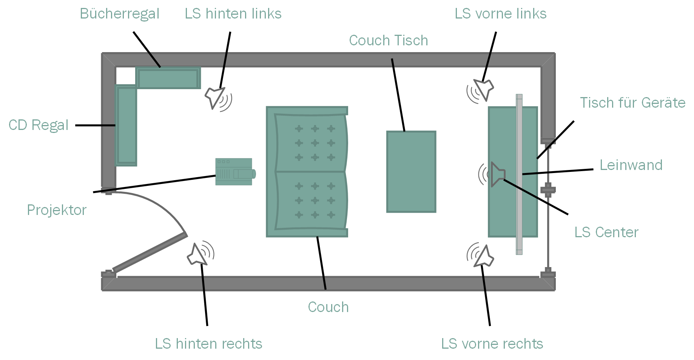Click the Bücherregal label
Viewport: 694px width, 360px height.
pos(119,14)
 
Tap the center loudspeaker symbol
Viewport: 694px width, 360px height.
pos(497,174)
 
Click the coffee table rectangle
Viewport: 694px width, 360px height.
pos(411,172)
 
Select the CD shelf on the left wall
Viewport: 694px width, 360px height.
pos(126,125)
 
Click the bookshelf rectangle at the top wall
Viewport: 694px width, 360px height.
pos(168,78)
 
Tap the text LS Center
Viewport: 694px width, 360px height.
pos(606,232)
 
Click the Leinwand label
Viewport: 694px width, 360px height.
pos(631,165)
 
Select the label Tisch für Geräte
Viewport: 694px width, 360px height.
pos(632,103)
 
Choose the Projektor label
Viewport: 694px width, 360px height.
pos(57,210)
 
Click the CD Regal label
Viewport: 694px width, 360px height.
pos(39,125)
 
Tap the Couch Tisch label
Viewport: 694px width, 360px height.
pos(388,40)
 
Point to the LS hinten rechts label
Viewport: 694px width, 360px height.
pos(208,344)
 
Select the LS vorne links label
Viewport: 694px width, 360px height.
pos(500,14)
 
